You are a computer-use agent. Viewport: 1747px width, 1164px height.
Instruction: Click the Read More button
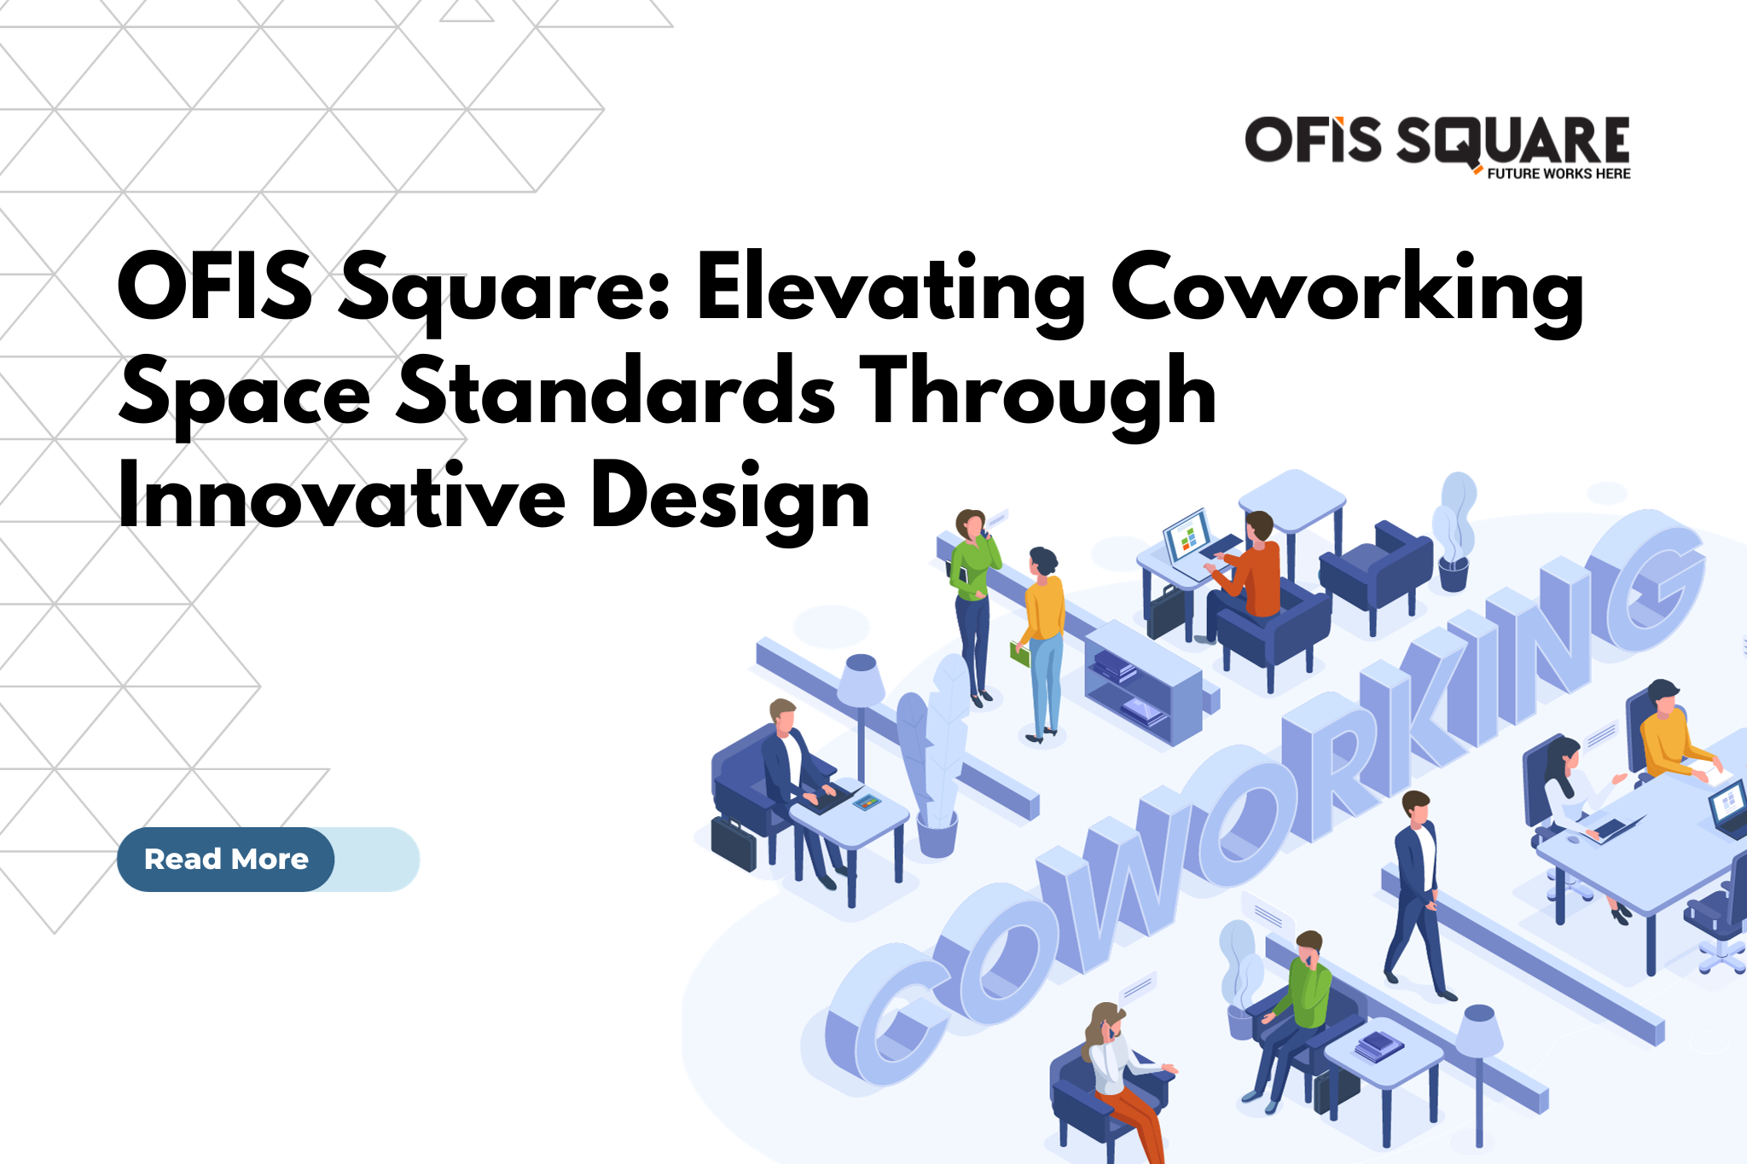[226, 859]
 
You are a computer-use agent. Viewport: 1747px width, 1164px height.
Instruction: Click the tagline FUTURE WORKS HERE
[1558, 174]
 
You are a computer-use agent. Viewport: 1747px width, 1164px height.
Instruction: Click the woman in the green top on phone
[972, 597]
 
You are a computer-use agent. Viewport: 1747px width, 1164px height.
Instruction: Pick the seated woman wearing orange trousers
[1117, 1074]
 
